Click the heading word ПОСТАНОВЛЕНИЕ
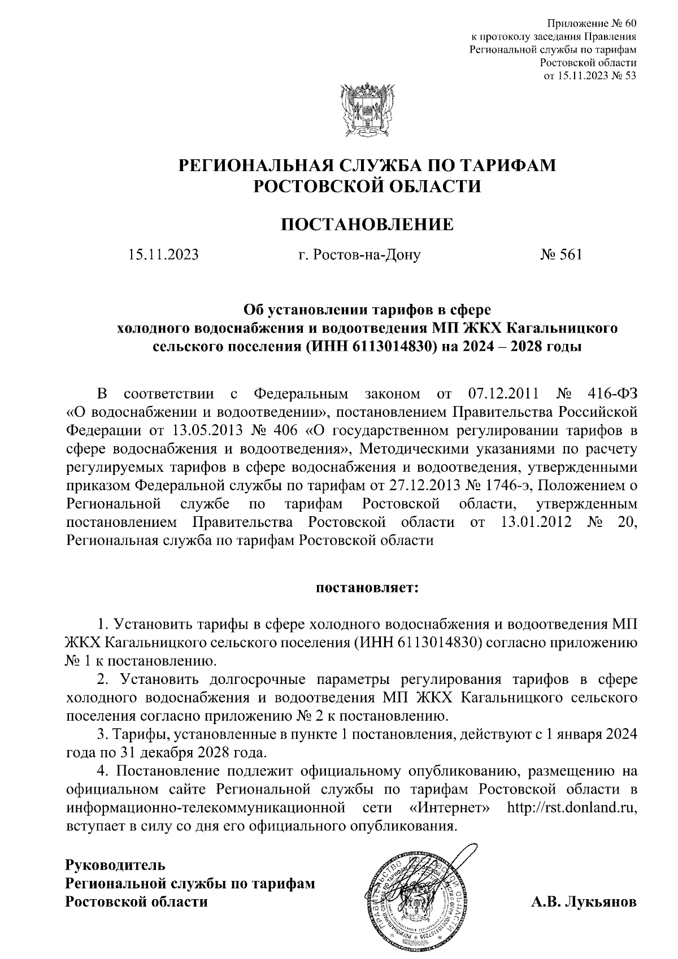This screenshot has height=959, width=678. [367, 224]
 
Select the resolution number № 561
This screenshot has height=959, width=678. [560, 255]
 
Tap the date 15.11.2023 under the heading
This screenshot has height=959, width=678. [163, 255]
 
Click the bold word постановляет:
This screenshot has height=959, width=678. [367, 588]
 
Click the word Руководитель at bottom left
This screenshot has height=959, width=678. [115, 865]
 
